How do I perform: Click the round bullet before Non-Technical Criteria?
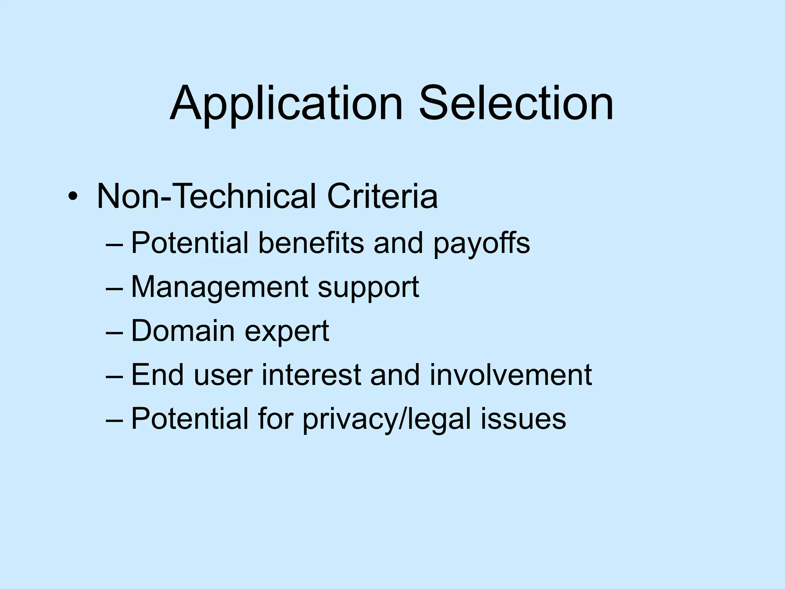[x=72, y=197]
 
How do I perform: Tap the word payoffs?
[x=482, y=243]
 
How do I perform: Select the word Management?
[x=220, y=288]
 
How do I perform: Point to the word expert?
[x=287, y=332]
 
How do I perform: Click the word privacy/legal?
[x=387, y=419]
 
